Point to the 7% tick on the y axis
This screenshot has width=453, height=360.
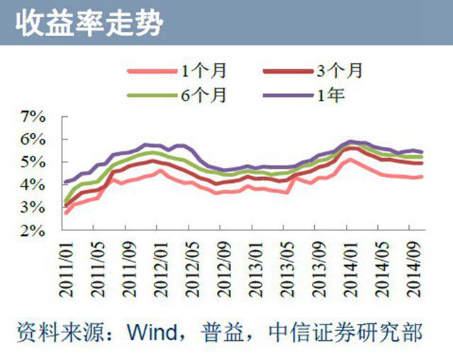tap(35, 116)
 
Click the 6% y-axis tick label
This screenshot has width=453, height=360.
tap(35, 139)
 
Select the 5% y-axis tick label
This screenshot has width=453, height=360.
tap(35, 162)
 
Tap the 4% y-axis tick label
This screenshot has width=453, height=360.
tap(35, 184)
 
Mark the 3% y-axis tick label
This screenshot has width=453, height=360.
tap(35, 207)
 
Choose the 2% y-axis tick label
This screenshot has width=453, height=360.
tap(35, 230)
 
